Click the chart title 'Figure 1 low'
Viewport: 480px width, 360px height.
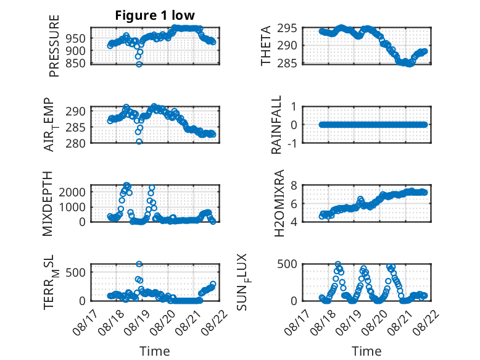pos(155,15)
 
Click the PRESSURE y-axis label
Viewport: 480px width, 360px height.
pos(54,46)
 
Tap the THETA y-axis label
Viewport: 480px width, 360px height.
pos(266,46)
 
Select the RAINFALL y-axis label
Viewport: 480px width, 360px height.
pos(276,124)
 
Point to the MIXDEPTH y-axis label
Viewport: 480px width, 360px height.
pos(48,204)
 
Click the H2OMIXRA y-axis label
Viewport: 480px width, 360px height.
pos(279,203)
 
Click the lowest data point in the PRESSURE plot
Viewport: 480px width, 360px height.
pos(139,64)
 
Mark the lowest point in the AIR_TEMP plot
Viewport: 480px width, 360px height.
pos(139,141)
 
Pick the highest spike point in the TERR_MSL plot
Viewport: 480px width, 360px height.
pos(139,264)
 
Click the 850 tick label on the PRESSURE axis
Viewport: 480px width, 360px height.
pos(76,64)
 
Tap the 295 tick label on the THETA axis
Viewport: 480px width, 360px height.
pos(287,28)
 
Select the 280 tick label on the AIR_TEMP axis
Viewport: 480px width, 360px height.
pos(76,143)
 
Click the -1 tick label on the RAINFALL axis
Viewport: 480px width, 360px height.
pos(292,143)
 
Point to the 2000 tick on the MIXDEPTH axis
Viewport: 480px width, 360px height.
pos(72,192)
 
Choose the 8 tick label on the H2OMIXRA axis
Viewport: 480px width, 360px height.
pos(294,185)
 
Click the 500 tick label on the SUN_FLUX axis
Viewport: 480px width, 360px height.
pos(287,264)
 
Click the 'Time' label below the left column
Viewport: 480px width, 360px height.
pos(155,351)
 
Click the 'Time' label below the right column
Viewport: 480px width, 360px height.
pos(366,351)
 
